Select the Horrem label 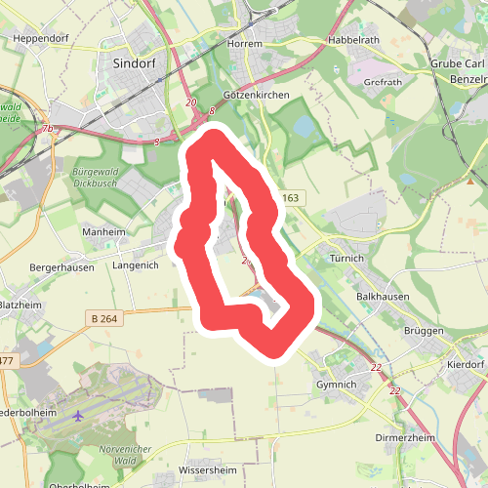click(245, 44)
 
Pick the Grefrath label click(382, 83)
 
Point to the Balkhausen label click(383, 296)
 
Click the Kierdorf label click(465, 363)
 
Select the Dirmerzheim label click(405, 438)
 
